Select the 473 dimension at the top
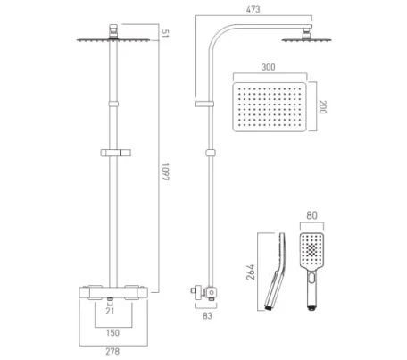pyautogui.click(x=254, y=9)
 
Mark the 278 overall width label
pyautogui.click(x=111, y=352)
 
